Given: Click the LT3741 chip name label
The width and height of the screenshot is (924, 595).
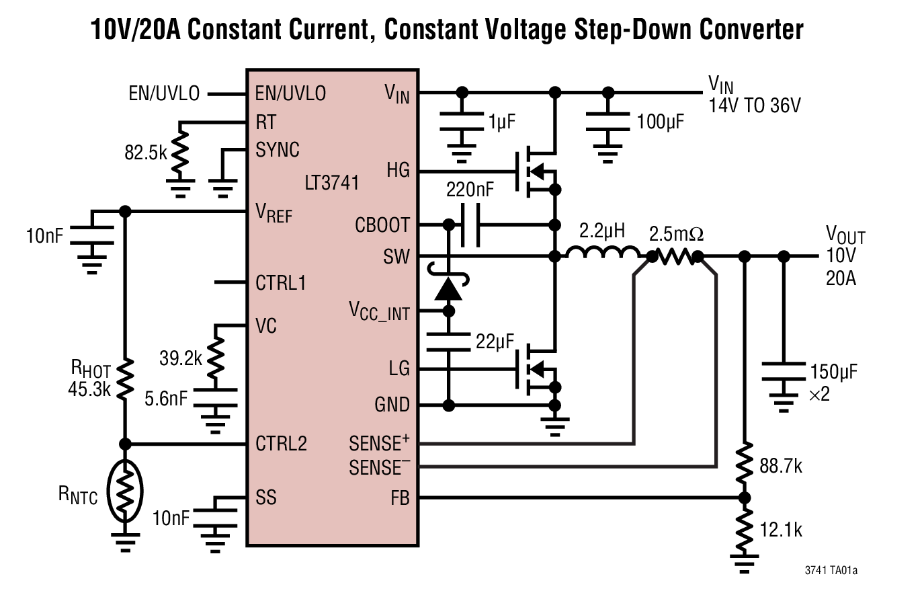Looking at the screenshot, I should pos(332,183).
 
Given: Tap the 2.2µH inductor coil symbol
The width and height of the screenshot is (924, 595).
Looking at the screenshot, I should pos(603,253).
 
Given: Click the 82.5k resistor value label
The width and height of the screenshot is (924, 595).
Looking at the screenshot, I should pos(145,153).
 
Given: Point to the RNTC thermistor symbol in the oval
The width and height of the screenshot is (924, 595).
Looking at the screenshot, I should pos(125,491).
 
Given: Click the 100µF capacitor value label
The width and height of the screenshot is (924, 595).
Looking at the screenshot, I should pos(661,122).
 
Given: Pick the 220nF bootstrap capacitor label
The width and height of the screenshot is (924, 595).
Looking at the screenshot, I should pos(470,190).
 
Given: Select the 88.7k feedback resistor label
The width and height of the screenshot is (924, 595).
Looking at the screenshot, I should pos(780,466).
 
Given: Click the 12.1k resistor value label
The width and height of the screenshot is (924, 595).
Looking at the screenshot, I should pos(781,530).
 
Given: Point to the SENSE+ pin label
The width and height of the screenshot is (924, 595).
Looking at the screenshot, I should pos(379,444).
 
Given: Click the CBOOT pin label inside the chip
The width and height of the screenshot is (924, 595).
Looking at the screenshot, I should pos(382,225).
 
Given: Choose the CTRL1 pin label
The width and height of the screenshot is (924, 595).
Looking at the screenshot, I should pos(281,283).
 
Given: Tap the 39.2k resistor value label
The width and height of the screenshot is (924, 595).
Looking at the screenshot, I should pos(180,358).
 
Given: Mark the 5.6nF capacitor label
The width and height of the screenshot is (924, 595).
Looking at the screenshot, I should pos(166,399).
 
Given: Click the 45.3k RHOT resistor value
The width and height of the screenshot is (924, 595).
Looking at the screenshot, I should pos(89,389).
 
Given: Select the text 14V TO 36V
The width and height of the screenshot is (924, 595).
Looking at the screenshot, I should pos(755,106).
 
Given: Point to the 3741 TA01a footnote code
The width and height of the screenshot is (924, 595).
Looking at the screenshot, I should pos(831,571).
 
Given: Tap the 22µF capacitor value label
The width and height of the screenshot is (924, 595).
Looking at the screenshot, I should pos(495,342).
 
